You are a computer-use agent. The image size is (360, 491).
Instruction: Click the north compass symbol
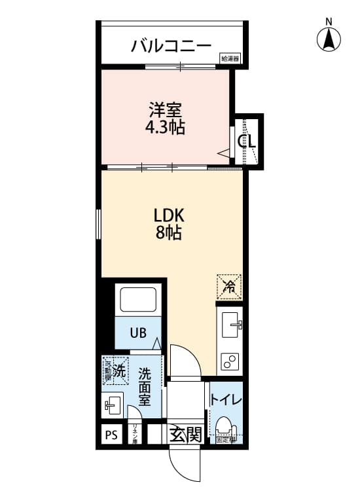(329, 39)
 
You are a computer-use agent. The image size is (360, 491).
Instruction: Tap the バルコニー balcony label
(171, 46)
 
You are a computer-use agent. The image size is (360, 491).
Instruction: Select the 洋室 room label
(164, 109)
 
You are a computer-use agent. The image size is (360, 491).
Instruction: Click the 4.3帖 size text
(164, 127)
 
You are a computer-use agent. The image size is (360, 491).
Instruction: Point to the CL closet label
(247, 140)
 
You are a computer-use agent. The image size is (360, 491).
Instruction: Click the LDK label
(169, 215)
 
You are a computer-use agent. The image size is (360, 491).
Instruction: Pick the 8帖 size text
(169, 233)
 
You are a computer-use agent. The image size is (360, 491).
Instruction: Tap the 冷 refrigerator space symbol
(229, 285)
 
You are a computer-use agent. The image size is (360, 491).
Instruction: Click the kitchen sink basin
(230, 324)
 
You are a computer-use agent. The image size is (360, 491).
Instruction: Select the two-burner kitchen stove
(230, 361)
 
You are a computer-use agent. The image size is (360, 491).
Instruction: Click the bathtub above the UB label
(137, 300)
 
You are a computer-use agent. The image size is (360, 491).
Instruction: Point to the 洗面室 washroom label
(145, 386)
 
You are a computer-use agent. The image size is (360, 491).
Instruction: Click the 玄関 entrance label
(185, 435)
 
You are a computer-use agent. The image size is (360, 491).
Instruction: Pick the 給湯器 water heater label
(230, 59)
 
